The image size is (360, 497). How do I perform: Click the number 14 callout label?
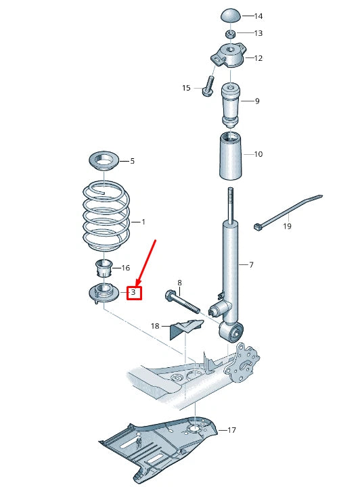[258, 16]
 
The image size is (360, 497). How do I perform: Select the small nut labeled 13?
[230, 34]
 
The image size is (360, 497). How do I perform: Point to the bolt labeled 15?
[208, 88]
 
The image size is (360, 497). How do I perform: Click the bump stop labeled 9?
[232, 102]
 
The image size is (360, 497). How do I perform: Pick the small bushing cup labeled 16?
[104, 268]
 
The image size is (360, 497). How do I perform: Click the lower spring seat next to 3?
[104, 293]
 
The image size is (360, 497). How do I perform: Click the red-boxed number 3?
[134, 293]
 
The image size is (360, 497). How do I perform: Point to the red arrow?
[146, 260]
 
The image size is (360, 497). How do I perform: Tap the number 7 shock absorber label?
[250, 264]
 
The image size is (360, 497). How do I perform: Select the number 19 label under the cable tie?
[287, 227]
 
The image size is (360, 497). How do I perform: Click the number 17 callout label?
[231, 430]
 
